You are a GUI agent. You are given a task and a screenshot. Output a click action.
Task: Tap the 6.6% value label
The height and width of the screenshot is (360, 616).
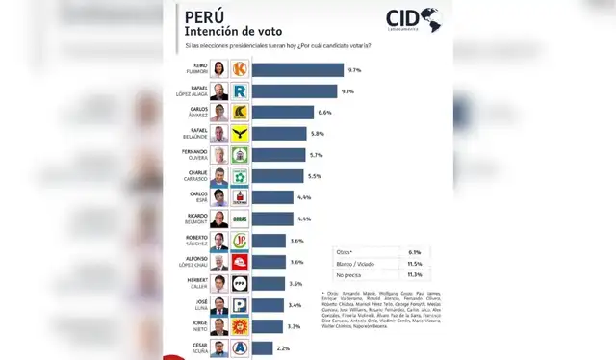tap(325, 113)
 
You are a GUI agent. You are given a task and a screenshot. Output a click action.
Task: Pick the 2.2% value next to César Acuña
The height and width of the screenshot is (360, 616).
tap(281, 347)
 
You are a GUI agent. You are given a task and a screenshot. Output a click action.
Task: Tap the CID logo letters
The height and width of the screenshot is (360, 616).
tap(403, 17)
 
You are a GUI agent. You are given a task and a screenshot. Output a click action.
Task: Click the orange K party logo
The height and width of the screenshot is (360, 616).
tap(240, 69)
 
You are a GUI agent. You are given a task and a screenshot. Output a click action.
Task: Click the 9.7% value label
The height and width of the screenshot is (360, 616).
tap(354, 70)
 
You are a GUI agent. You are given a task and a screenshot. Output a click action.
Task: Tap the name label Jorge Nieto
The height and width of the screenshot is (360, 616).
tap(195, 326)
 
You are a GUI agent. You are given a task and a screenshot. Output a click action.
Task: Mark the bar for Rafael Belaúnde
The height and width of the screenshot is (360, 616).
tap(279, 133)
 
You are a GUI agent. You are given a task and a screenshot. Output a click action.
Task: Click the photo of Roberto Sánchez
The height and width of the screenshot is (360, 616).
tap(220, 241)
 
